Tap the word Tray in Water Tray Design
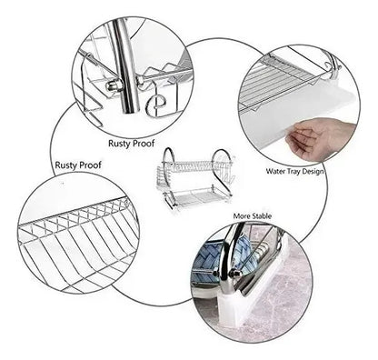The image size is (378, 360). tap(293, 172)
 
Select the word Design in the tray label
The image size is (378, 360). tap(312, 172)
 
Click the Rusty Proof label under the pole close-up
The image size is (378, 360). tap(132, 144)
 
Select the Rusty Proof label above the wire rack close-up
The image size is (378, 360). tap(78, 165)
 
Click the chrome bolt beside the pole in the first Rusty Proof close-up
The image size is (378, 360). tap(113, 85)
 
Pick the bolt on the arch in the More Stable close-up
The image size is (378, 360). tap(234, 274)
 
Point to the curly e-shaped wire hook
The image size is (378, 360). tap(155, 105)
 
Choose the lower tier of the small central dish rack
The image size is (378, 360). tap(197, 197)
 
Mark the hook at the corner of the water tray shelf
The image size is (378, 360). tap(333, 65)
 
